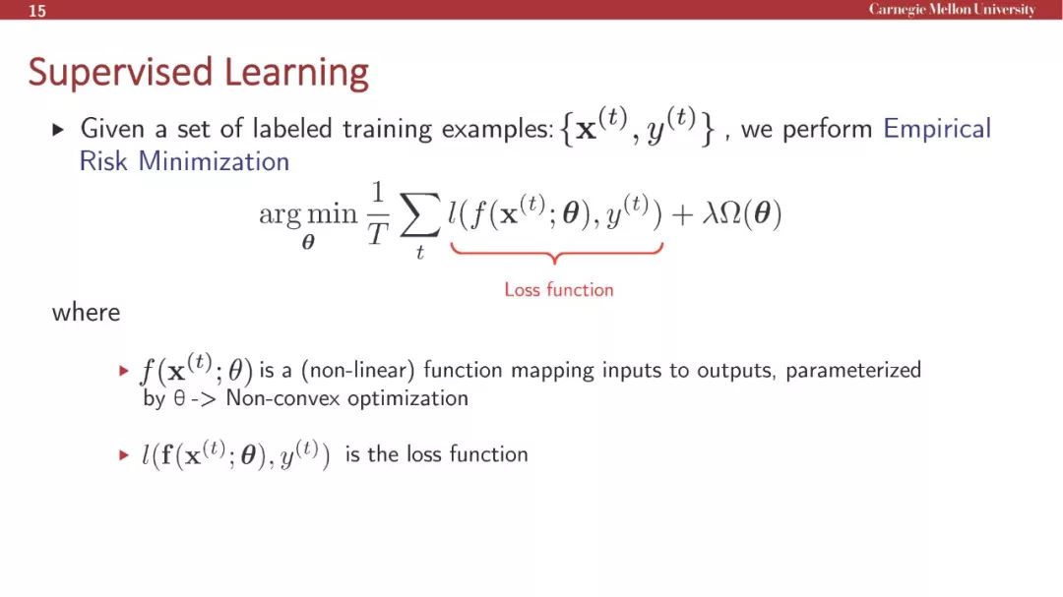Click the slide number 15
(37, 11)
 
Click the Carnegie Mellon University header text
(952, 10)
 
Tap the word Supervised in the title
(120, 73)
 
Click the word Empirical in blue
(936, 129)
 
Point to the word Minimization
(214, 161)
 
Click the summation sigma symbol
(419, 215)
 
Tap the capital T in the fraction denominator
(378, 235)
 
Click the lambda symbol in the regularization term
(710, 214)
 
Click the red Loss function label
(559, 290)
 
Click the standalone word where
(86, 313)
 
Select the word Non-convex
(282, 397)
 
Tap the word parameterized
(852, 371)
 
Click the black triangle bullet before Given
(58, 129)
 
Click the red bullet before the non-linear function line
(123, 371)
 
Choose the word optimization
(407, 398)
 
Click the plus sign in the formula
(682, 214)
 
